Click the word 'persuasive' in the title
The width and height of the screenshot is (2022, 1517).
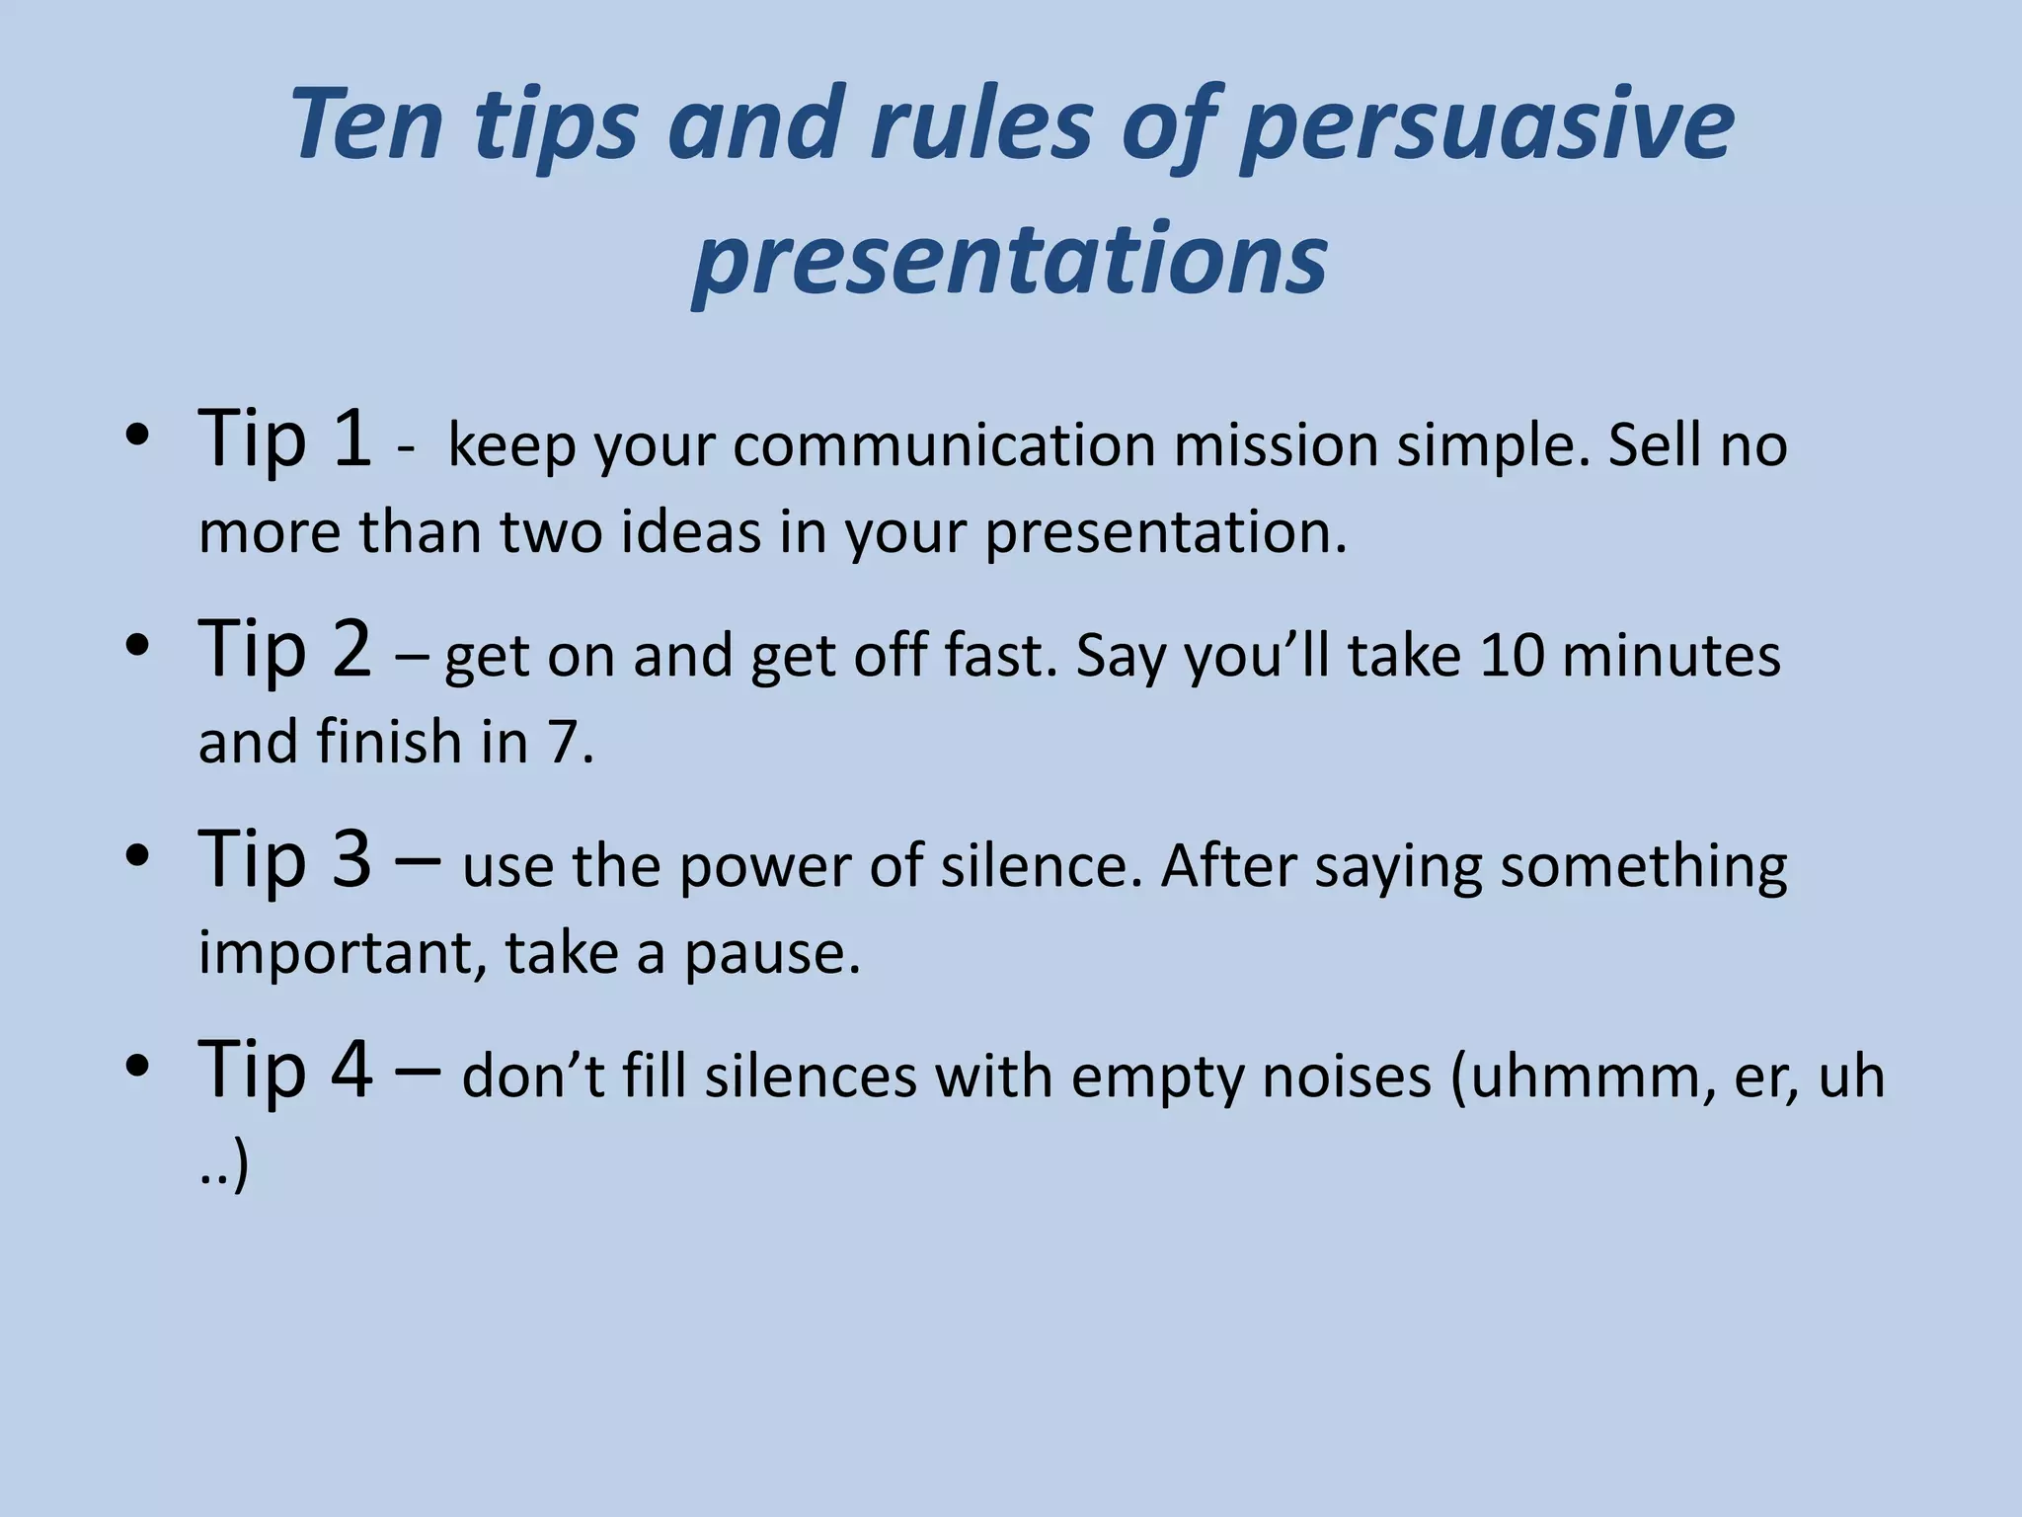[x=1486, y=126]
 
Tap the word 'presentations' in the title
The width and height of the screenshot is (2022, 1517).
[x=1010, y=259]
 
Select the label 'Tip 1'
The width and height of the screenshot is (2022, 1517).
[x=285, y=439]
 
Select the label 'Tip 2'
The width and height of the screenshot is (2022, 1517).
[x=285, y=649]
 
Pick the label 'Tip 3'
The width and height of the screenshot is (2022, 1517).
[x=285, y=859]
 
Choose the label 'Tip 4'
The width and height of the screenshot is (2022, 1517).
[x=285, y=1070]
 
